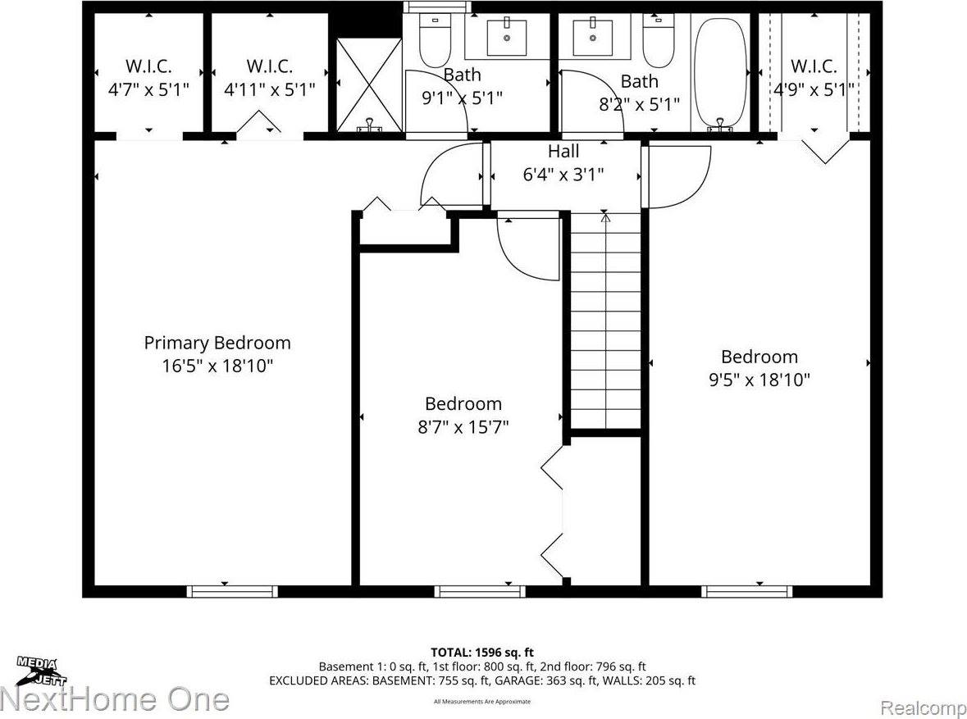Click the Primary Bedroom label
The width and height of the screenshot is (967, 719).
217,343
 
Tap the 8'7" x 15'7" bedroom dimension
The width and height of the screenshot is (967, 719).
463,426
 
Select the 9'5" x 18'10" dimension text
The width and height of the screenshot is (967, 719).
759,380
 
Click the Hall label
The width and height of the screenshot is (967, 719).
563,151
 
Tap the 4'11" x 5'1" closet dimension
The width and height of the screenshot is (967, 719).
270,89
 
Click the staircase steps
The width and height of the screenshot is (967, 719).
605,320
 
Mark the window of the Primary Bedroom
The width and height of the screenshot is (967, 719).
232,590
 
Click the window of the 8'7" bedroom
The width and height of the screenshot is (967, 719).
480,590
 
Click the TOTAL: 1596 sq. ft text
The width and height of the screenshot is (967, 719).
482,653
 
